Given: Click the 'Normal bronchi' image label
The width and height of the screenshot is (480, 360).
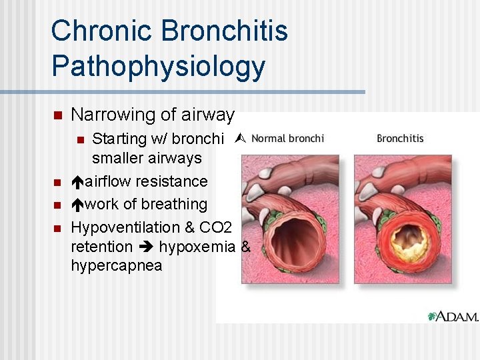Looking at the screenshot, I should coord(288,139).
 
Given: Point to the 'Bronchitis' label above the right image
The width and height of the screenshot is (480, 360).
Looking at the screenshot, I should coord(400,139).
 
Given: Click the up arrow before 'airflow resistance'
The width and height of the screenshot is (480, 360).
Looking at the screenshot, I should coord(77,182).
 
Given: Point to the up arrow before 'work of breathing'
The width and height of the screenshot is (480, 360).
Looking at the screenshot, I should coord(77,205).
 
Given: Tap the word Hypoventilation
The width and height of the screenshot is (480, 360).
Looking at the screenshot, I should coord(116,227).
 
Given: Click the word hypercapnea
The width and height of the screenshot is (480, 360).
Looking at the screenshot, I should coord(116,265).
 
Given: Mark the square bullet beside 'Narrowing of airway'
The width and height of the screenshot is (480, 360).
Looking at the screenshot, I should coord(57,115).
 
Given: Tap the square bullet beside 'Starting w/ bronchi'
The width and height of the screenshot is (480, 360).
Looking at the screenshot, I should coord(79,139).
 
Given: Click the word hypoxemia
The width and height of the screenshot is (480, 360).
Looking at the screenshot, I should coord(198,247).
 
